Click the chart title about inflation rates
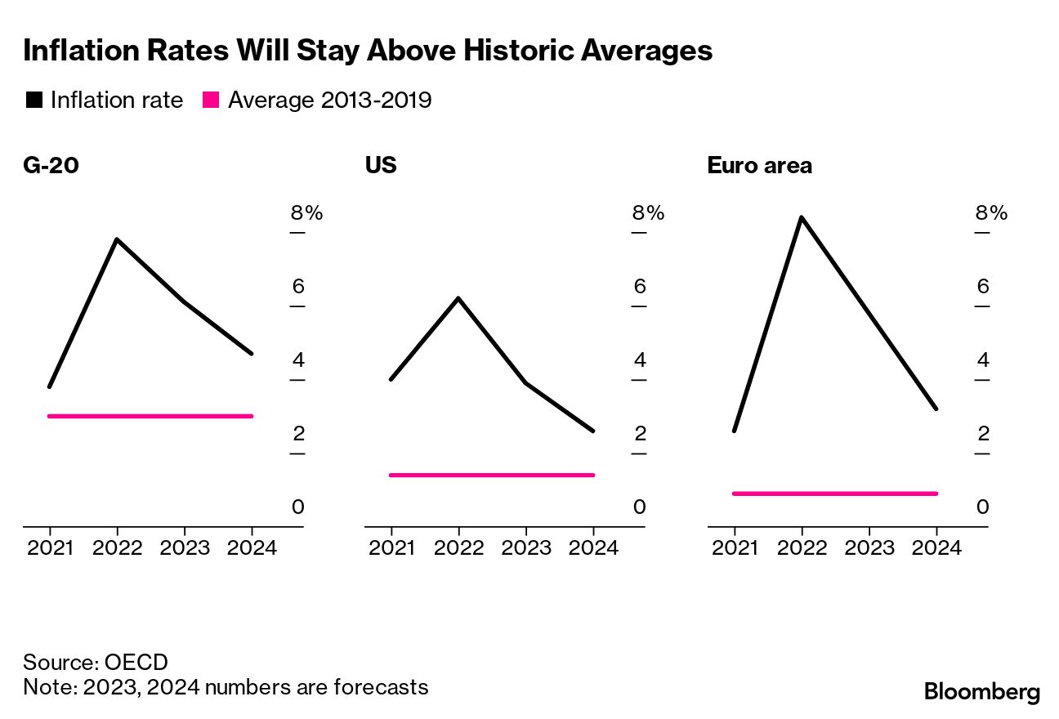368,51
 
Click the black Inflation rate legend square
34,100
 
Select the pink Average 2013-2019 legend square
212,100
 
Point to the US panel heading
380,166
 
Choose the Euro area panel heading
759,166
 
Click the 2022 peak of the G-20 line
117,239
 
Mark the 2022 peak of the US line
458,297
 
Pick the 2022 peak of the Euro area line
802,217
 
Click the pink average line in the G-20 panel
150,416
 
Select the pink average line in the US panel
492,475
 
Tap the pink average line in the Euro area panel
834,493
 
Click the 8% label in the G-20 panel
306,213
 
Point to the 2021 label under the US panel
391,548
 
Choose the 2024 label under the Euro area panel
936,548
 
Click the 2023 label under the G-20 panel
184,548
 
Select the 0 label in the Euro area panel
982,507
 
